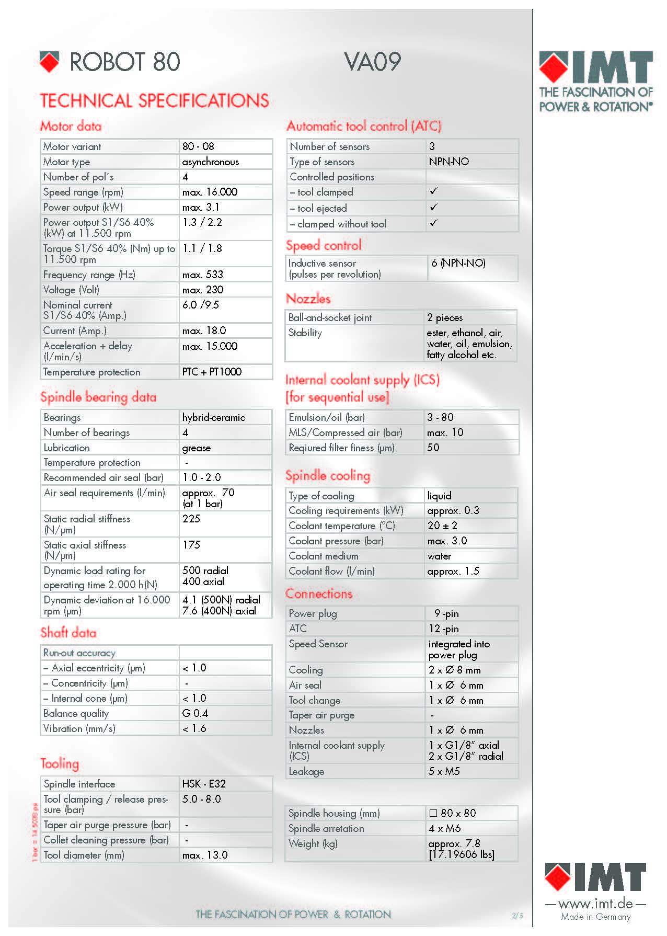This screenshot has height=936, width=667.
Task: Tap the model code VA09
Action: [373, 62]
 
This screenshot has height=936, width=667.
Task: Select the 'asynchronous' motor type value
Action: [210, 162]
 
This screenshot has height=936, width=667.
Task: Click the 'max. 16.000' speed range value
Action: [210, 192]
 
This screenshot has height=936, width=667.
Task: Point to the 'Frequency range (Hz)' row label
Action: [89, 275]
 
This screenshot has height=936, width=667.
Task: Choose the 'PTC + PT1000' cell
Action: [212, 372]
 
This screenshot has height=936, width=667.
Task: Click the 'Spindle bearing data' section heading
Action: [98, 397]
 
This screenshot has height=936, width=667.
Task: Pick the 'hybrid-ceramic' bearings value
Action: [213, 418]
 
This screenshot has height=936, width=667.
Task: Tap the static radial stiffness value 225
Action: [191, 519]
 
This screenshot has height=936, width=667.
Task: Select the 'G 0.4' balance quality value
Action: [195, 714]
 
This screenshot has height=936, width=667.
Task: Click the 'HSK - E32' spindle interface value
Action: [204, 784]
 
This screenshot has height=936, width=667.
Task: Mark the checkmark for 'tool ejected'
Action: [433, 208]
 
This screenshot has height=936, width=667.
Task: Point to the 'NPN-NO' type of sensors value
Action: [449, 162]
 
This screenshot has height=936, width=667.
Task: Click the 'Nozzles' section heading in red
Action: [308, 299]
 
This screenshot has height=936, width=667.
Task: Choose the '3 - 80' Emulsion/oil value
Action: [440, 418]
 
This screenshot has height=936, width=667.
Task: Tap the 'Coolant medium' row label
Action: [324, 556]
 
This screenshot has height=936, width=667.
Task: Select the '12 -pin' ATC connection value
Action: [444, 629]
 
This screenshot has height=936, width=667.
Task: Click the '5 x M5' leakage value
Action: [444, 772]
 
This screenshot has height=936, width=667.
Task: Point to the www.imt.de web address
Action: [595, 904]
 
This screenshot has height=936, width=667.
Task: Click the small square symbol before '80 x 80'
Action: [433, 814]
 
